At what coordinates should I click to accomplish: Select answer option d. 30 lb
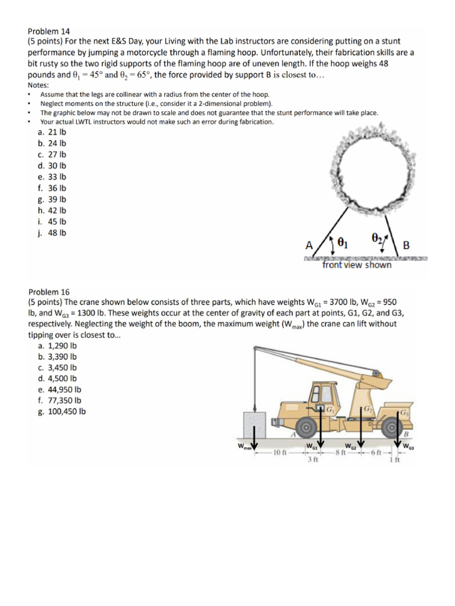point(52,165)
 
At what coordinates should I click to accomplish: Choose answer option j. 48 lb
point(51,233)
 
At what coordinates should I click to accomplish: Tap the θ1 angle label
point(343,243)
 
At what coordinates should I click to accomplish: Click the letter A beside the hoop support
point(308,244)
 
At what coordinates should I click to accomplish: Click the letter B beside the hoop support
point(405,244)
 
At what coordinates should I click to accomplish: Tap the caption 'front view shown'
point(357,265)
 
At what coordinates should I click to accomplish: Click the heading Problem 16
point(49,292)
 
